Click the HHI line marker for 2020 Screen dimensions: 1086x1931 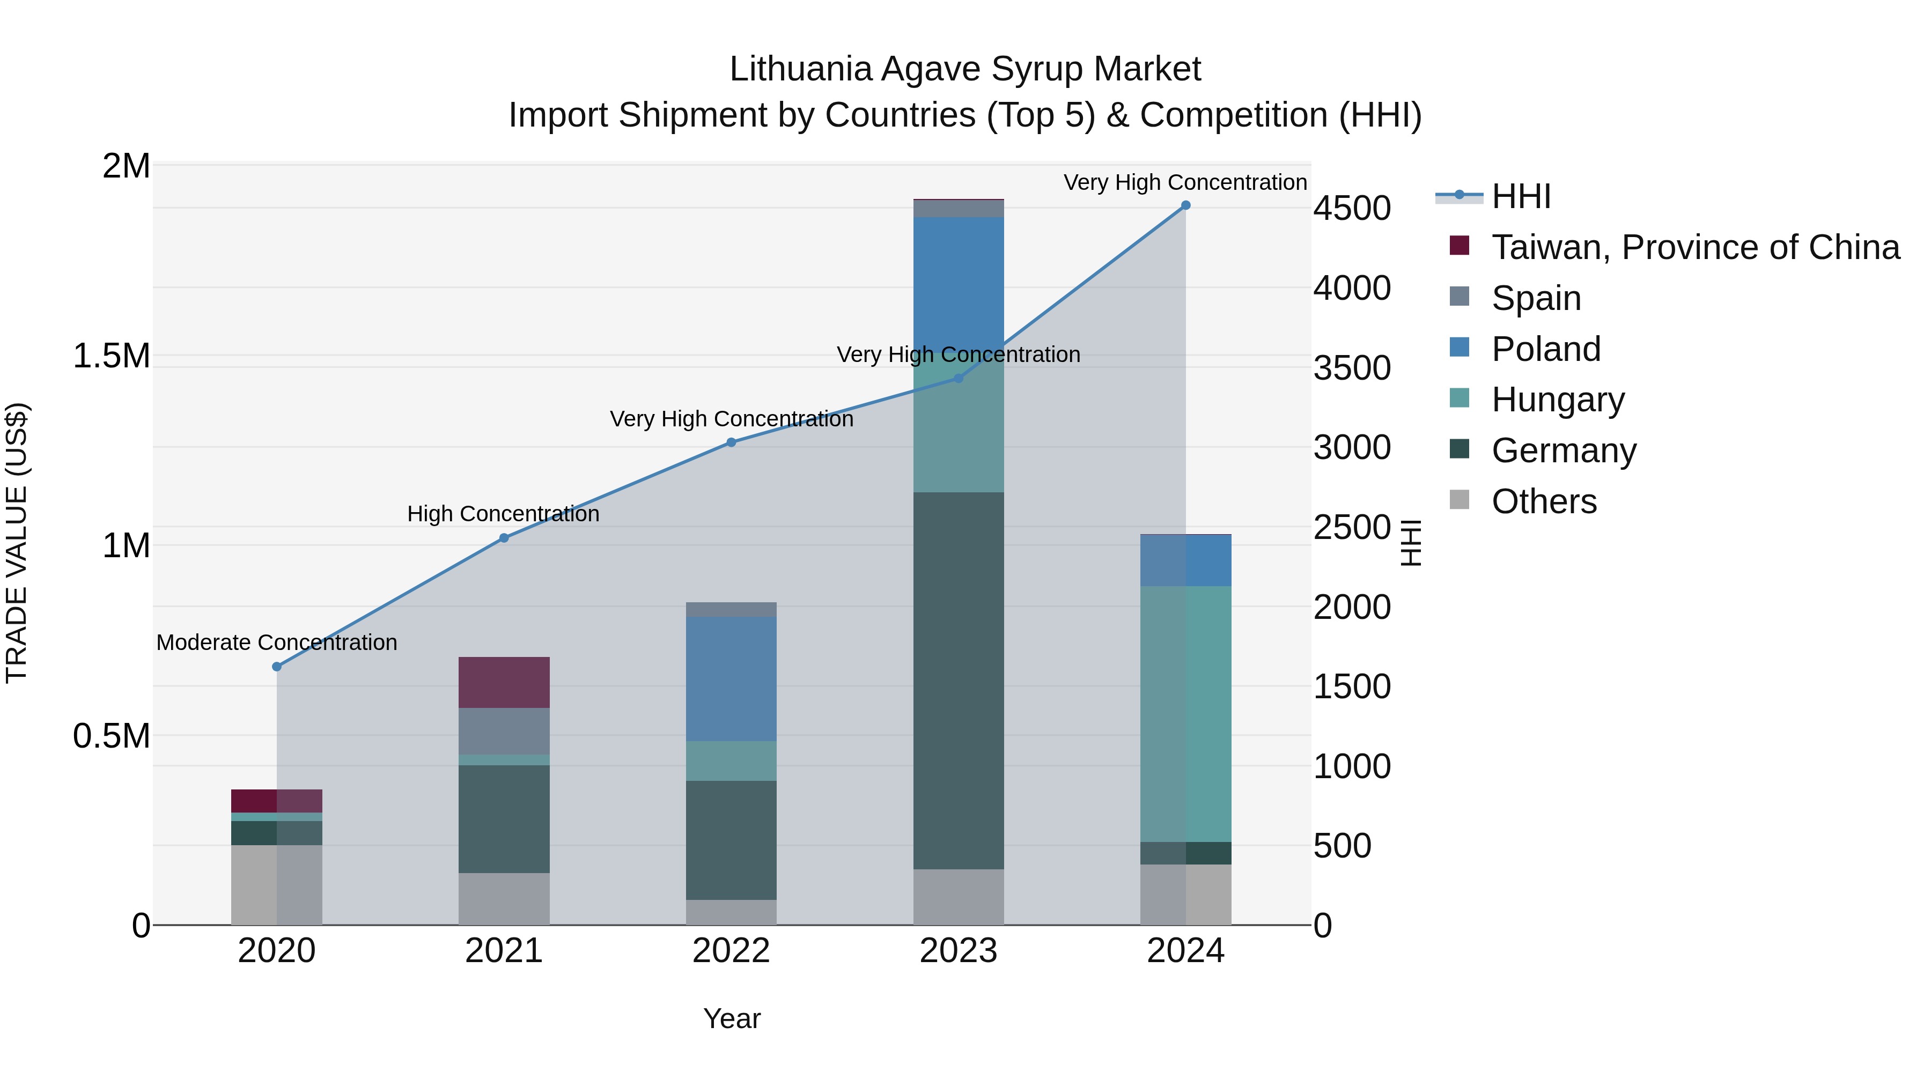[277, 666]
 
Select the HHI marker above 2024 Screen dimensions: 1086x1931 [1185, 205]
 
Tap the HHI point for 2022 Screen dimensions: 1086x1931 [731, 442]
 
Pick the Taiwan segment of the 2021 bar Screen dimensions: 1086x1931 [504, 682]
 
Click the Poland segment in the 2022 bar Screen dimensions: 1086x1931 [731, 678]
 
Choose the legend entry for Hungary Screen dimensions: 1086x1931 [1558, 400]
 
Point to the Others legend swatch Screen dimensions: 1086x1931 [1460, 499]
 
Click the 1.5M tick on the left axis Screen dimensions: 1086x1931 [112, 356]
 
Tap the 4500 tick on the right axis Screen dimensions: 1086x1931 [1352, 209]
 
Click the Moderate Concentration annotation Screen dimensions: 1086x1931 [277, 642]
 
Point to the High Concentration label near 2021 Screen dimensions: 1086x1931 [503, 514]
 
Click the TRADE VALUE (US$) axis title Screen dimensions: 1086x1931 [17, 543]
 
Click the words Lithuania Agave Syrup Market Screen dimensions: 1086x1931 [965, 70]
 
